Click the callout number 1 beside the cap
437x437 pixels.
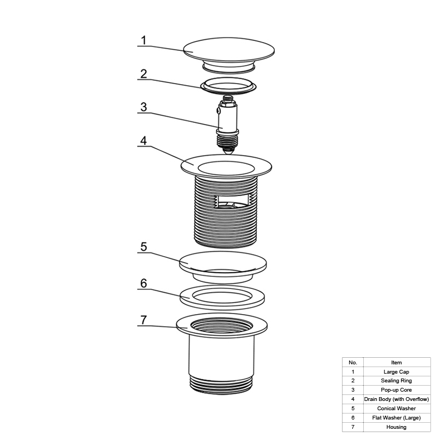[144, 40]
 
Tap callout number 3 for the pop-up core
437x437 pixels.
[144, 107]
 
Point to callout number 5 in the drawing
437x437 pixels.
[144, 247]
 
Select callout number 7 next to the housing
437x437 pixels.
[144, 320]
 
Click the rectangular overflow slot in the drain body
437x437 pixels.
[232, 201]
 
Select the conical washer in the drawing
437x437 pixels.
[223, 265]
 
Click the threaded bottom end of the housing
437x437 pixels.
[222, 385]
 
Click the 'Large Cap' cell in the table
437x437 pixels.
[397, 372]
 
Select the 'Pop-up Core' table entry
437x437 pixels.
[397, 390]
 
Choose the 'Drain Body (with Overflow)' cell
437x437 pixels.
[397, 399]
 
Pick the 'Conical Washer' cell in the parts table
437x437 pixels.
[397, 408]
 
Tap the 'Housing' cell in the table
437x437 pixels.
[397, 427]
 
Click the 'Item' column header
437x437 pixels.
[397, 363]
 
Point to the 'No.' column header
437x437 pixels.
[353, 363]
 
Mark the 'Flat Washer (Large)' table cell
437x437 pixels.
[397, 418]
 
